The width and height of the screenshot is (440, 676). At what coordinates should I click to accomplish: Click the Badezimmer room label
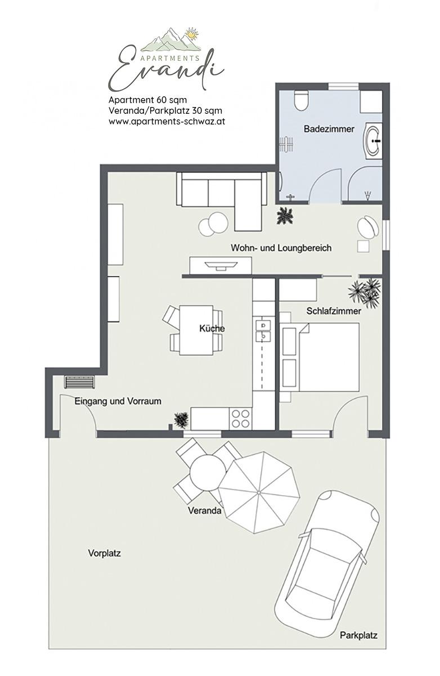click(329, 129)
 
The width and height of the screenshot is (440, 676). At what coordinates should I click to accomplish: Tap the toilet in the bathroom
click(301, 100)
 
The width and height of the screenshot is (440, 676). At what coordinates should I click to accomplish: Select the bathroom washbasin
click(373, 140)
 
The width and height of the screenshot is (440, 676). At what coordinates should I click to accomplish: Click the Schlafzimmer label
click(333, 311)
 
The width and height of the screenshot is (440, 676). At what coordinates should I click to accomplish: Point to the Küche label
click(212, 328)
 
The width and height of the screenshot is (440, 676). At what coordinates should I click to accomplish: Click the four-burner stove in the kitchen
click(240, 419)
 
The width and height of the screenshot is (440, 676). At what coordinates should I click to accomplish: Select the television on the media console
click(221, 265)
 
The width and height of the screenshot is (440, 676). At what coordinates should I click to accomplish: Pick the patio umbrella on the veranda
click(259, 492)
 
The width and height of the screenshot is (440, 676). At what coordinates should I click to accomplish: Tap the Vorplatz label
click(104, 553)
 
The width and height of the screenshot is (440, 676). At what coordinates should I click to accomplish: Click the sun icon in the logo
click(191, 34)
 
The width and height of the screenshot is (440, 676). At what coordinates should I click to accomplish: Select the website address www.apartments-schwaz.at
click(167, 121)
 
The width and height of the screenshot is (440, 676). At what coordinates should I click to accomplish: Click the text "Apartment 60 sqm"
click(147, 100)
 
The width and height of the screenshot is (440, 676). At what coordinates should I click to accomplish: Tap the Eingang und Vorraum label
click(118, 401)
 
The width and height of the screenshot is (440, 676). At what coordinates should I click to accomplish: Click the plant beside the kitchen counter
click(181, 420)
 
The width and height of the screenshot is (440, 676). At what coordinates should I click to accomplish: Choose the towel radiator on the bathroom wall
click(286, 144)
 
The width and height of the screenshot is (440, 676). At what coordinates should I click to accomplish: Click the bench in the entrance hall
click(79, 382)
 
